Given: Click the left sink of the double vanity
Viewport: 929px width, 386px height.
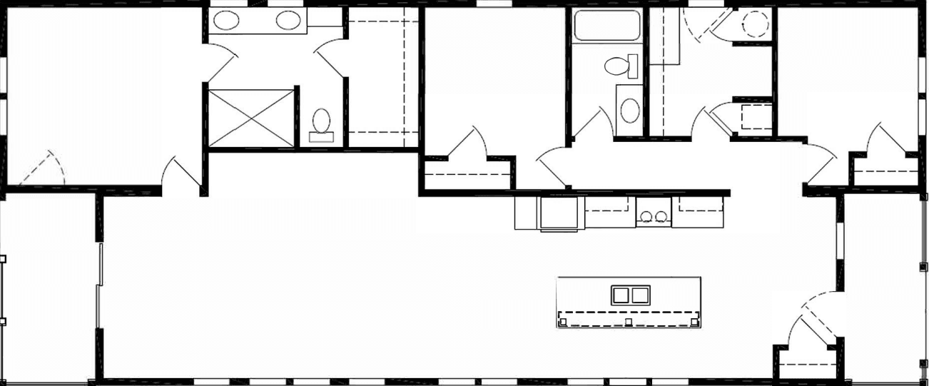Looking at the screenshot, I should coord(227,21).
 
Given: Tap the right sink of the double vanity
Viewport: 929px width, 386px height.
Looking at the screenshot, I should coord(288,21).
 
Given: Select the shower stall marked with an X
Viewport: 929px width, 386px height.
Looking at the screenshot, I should coord(251,118).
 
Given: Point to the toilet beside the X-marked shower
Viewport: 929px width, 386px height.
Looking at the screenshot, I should coord(322,123).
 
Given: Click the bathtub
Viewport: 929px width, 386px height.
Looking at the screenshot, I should coord(608,26).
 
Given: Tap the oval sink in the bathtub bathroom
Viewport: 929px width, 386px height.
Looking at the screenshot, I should coord(629,111).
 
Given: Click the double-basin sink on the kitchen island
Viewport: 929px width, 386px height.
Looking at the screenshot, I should coord(630,295).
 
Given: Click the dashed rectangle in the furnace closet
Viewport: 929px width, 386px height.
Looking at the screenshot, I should coord(753,116).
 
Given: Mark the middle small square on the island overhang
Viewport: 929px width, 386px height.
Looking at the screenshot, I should coord(628,322).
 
